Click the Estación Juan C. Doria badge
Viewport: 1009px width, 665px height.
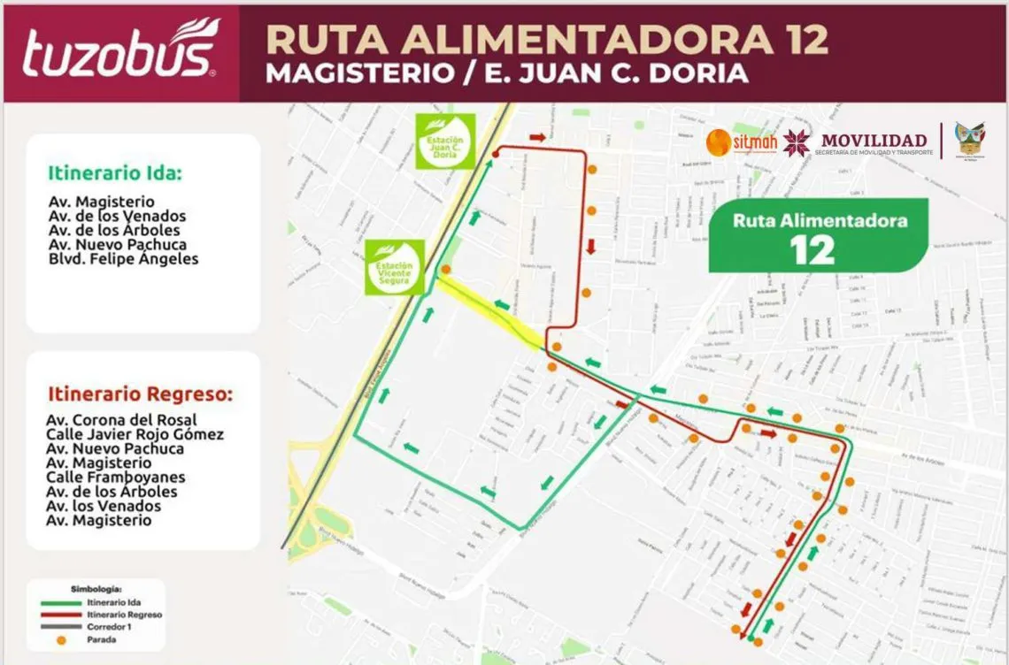tap(445, 141)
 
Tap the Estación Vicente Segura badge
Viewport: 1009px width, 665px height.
tap(395, 267)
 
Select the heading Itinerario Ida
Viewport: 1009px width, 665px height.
tap(115, 173)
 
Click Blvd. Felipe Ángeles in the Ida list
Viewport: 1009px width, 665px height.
tap(124, 259)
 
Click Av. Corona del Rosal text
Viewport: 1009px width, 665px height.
tap(122, 420)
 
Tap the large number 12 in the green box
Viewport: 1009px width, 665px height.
tap(813, 251)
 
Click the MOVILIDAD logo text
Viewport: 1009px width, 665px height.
tap(874, 140)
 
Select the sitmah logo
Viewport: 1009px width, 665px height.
tap(742, 141)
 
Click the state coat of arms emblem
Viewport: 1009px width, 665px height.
tap(969, 140)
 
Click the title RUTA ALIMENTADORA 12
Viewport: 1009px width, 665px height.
tap(547, 40)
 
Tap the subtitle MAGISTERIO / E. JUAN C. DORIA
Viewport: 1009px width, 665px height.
tap(507, 74)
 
